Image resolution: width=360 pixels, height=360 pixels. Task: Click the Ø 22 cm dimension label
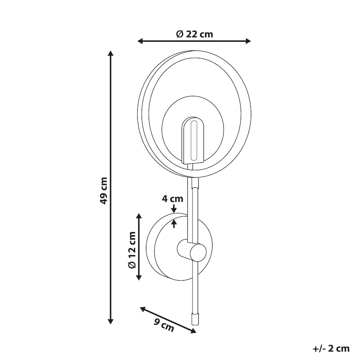click(x=194, y=34)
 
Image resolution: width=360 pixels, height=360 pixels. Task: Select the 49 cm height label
click(x=104, y=191)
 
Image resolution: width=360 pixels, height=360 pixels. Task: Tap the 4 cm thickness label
click(x=173, y=199)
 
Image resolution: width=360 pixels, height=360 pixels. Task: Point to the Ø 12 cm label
click(x=132, y=250)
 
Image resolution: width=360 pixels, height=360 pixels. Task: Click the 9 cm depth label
click(x=164, y=325)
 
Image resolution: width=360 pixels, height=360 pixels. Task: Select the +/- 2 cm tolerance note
click(x=331, y=349)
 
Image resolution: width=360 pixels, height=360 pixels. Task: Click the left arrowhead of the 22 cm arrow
click(x=140, y=41)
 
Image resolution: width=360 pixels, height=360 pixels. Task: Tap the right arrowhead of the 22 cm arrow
click(x=248, y=41)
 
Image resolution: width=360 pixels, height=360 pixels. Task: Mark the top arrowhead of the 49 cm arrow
click(x=111, y=54)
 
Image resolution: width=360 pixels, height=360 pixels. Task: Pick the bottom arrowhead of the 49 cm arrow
click(x=111, y=321)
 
